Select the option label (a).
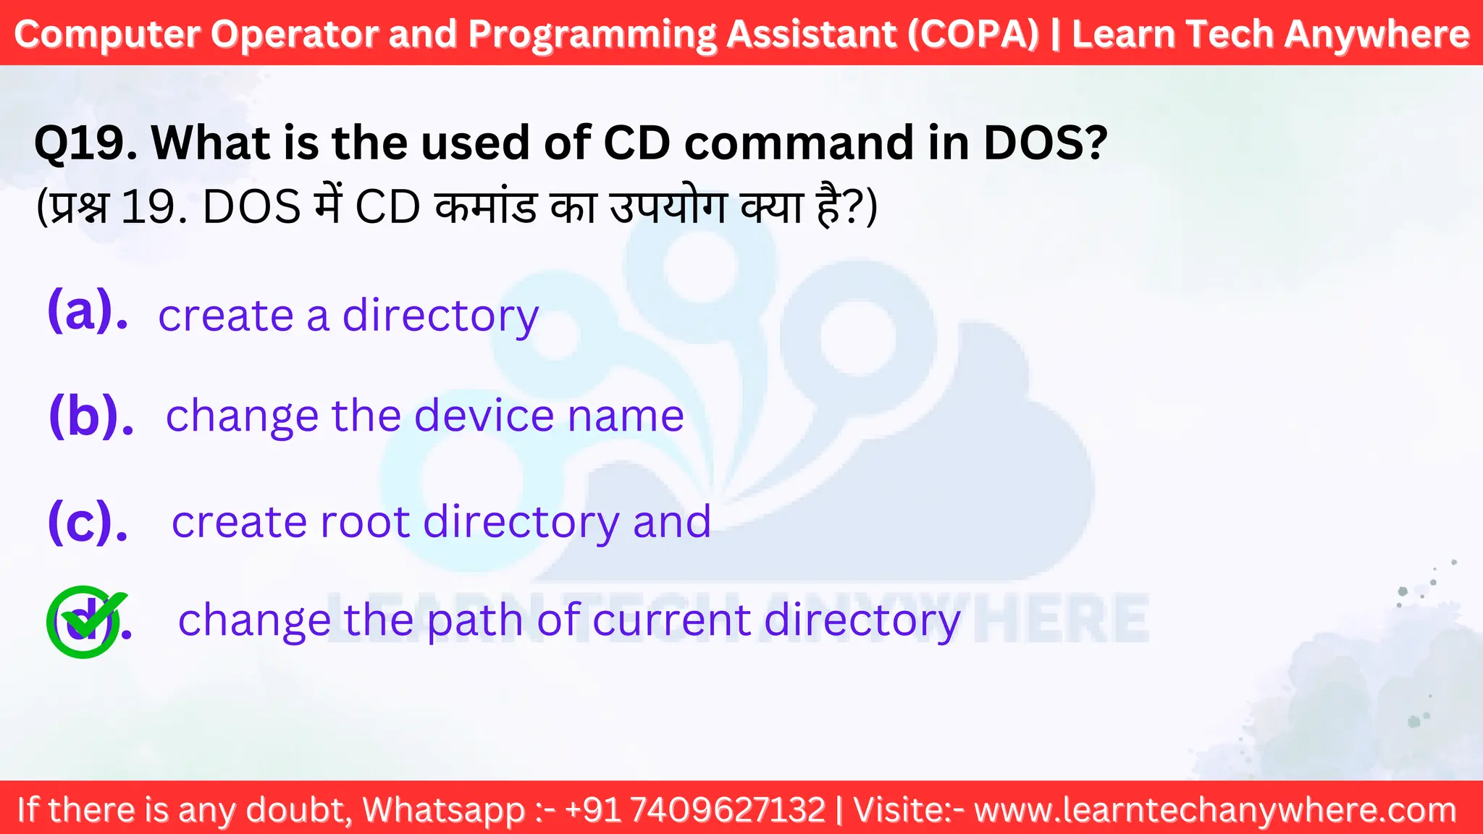[x=88, y=311]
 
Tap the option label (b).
[x=91, y=416]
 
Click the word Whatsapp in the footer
[x=443, y=809]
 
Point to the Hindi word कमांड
[x=487, y=208]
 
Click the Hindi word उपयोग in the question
[x=669, y=208]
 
